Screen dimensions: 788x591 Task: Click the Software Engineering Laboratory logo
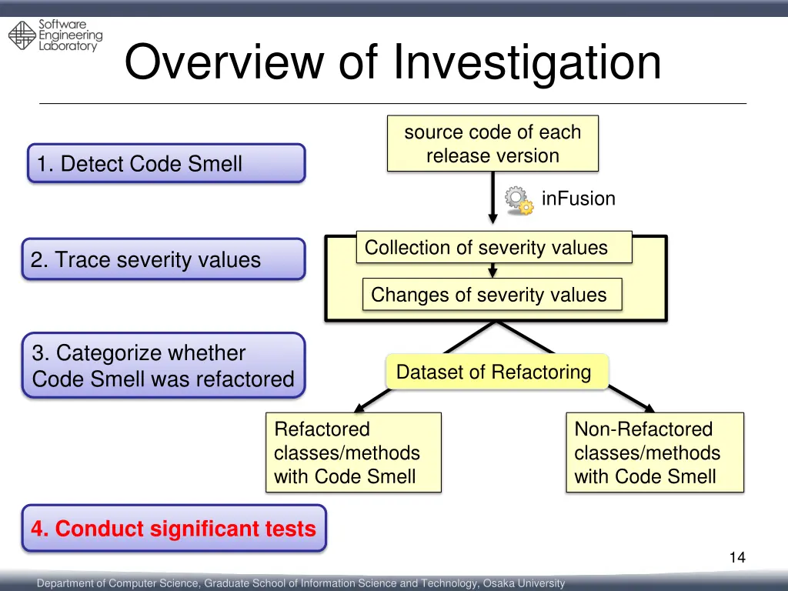click(x=55, y=35)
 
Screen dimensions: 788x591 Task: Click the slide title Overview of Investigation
click(x=392, y=62)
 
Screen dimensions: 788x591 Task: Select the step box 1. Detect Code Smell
click(x=166, y=163)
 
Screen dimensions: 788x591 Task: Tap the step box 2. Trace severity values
click(x=163, y=259)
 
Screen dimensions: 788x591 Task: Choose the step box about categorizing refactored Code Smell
click(x=163, y=366)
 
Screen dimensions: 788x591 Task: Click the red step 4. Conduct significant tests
click(x=174, y=529)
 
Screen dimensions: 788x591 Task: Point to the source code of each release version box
click(x=492, y=144)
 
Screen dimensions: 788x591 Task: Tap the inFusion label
click(x=578, y=199)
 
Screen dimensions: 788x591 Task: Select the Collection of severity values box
click(x=493, y=248)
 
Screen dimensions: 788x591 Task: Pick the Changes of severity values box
click(x=491, y=295)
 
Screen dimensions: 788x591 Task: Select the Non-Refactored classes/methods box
click(x=655, y=452)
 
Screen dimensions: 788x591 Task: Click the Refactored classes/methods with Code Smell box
click(x=353, y=452)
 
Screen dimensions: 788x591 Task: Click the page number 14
click(x=737, y=558)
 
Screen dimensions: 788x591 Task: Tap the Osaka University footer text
click(x=301, y=583)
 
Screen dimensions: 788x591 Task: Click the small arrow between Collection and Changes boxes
click(x=492, y=271)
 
